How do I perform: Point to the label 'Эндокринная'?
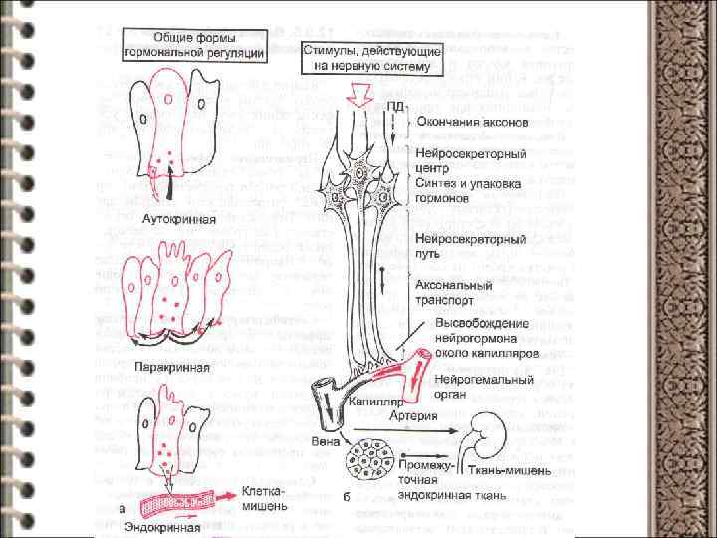click(x=163, y=527)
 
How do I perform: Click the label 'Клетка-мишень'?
click(x=264, y=498)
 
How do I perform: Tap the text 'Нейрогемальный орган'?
click(x=471, y=386)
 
